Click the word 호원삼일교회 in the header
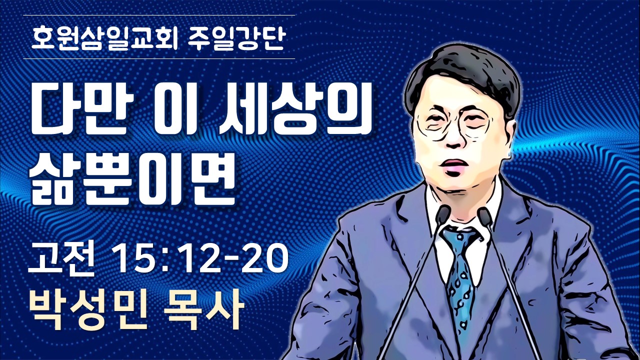pos(104,38)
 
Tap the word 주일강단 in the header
pos(235,38)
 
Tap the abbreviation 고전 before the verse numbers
pos(61,260)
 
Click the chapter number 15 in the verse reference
pos(133,259)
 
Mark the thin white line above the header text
pos(159,15)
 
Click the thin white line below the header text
pos(159,58)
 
